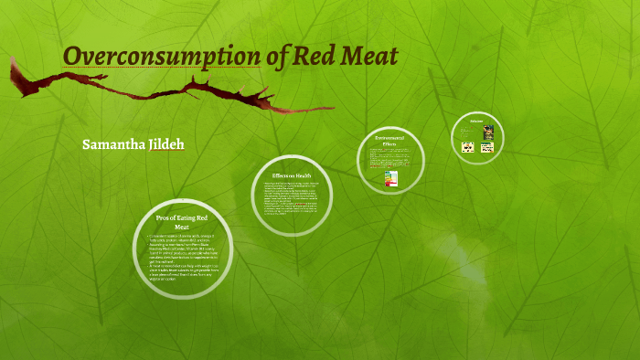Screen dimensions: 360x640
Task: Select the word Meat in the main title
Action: click(x=369, y=56)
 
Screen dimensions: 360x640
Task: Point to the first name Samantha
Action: click(x=112, y=145)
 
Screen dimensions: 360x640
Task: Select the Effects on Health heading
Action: click(x=293, y=175)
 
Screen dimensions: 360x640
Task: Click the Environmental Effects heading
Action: click(x=390, y=141)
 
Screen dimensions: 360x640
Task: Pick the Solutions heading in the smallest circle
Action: click(x=476, y=121)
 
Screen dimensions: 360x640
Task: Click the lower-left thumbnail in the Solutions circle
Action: click(x=468, y=147)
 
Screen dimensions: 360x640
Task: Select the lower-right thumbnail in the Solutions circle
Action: click(x=488, y=147)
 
